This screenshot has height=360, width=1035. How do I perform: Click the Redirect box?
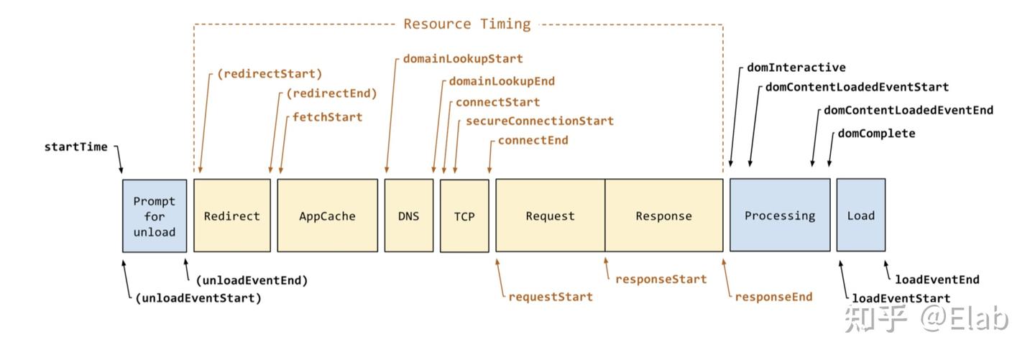pyautogui.click(x=232, y=216)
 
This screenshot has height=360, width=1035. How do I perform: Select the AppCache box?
pyautogui.click(x=327, y=216)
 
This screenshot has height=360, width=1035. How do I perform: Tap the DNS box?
pyautogui.click(x=409, y=216)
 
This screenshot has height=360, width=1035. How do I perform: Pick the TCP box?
pyautogui.click(x=464, y=216)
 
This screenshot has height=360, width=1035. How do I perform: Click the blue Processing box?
pyautogui.click(x=780, y=215)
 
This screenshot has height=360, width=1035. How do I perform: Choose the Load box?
pyautogui.click(x=861, y=215)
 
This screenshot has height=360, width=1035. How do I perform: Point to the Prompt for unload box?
pyautogui.click(x=155, y=216)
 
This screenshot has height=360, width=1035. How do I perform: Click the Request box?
pyautogui.click(x=551, y=216)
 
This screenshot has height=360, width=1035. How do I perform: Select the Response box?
pyautogui.click(x=664, y=216)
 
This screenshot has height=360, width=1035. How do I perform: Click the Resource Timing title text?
pyautogui.click(x=467, y=24)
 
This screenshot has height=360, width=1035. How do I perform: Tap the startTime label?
pyautogui.click(x=75, y=147)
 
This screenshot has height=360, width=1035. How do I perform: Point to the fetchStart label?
pyautogui.click(x=327, y=117)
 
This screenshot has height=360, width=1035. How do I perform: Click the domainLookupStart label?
pyautogui.click(x=463, y=59)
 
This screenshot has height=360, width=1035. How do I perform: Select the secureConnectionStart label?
pyautogui.click(x=540, y=121)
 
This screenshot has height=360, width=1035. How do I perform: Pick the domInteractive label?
pyautogui.click(x=796, y=68)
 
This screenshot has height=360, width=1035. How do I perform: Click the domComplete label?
pyautogui.click(x=877, y=134)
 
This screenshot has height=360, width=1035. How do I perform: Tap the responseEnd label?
pyautogui.click(x=773, y=297)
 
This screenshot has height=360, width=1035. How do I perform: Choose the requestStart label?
pyautogui.click(x=551, y=297)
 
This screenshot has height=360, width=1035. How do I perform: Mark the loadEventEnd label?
pyautogui.click(x=937, y=280)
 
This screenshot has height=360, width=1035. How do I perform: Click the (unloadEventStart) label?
pyautogui.click(x=198, y=298)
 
